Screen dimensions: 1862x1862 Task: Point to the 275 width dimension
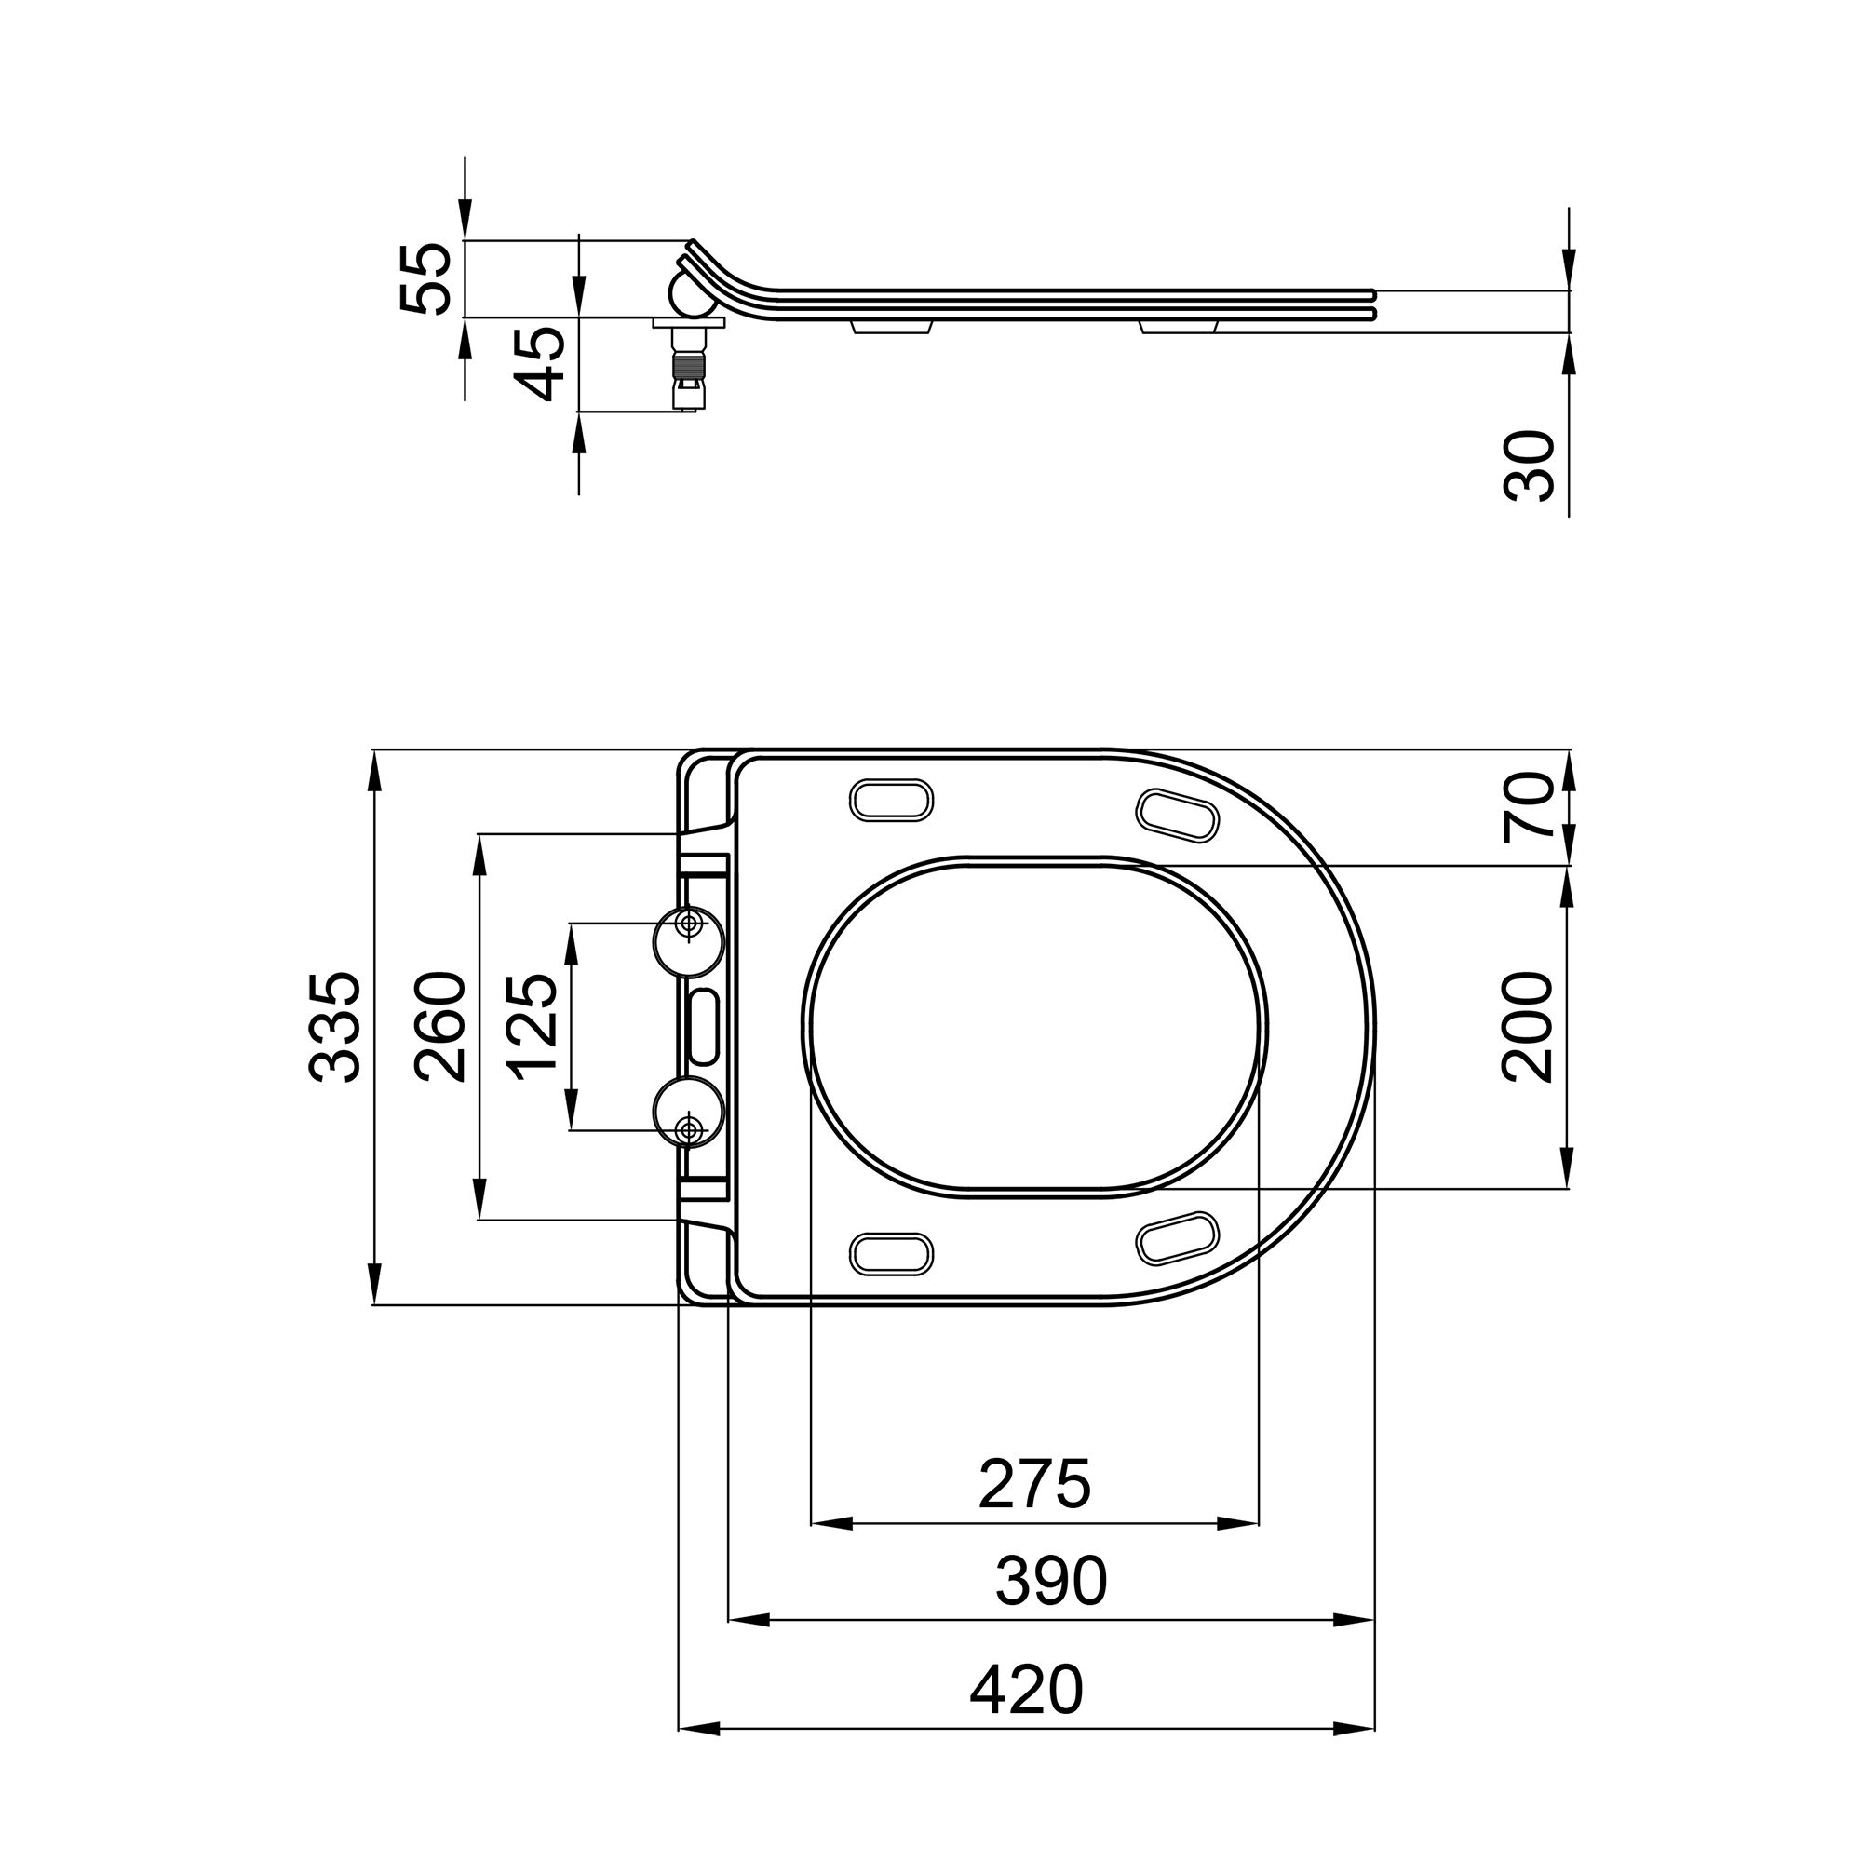click(x=1034, y=1484)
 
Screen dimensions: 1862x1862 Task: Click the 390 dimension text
click(x=1050, y=1582)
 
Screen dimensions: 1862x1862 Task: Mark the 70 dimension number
click(x=1529, y=807)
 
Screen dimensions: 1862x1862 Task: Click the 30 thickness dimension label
click(x=1529, y=465)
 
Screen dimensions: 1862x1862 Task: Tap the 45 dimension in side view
click(x=538, y=363)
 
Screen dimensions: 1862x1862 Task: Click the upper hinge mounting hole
click(x=688, y=924)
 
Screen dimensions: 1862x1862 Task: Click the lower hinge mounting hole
click(x=688, y=1128)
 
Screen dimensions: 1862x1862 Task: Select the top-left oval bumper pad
click(x=892, y=801)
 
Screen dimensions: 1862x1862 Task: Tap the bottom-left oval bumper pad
click(x=892, y=1252)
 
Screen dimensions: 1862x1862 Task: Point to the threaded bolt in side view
click(x=685, y=369)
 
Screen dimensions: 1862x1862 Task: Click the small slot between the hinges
click(x=705, y=1025)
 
